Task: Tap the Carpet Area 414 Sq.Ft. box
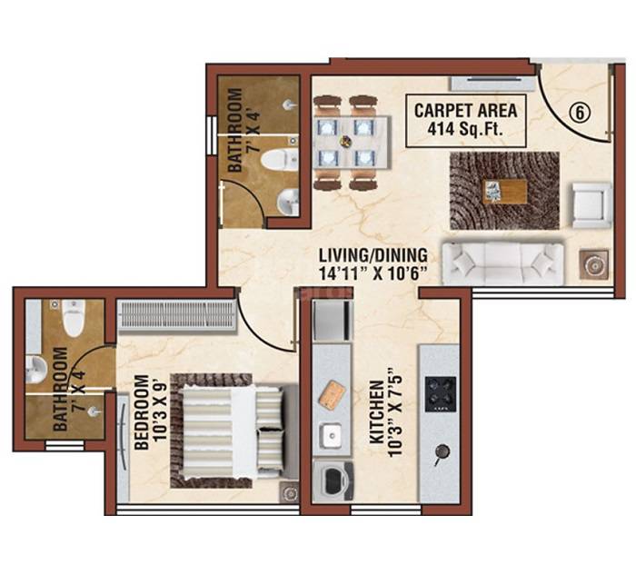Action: point(465,119)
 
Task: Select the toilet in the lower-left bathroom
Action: point(74,317)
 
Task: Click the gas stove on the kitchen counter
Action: point(442,392)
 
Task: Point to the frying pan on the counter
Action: point(442,451)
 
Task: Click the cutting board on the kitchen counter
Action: point(333,393)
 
